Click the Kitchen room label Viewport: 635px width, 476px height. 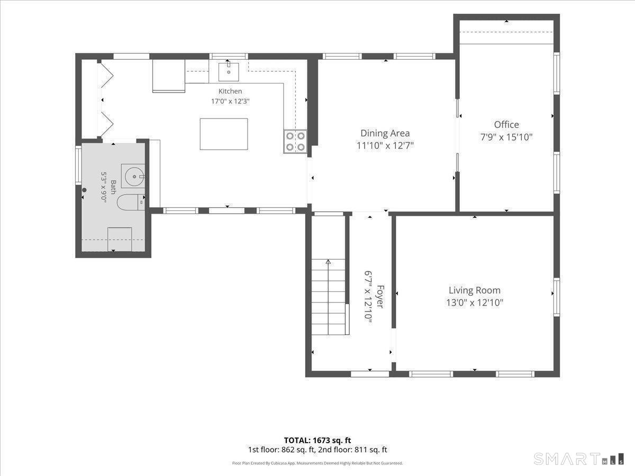(x=230, y=91)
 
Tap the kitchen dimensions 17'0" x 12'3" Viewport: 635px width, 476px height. (x=230, y=102)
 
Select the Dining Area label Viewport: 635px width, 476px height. (x=385, y=133)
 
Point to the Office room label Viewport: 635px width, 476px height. (x=506, y=125)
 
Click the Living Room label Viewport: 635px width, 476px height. (x=475, y=290)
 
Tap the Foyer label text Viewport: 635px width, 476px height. (x=380, y=297)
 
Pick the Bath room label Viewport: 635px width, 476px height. (x=113, y=187)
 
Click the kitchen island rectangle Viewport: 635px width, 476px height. (x=224, y=134)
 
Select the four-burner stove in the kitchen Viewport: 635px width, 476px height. (x=295, y=141)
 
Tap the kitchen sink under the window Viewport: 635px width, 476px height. (x=229, y=72)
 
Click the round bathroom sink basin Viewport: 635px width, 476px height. (x=134, y=176)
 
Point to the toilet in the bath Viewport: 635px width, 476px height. (x=131, y=202)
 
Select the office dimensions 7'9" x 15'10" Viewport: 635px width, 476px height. (x=506, y=137)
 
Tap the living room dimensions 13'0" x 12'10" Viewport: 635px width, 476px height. (x=475, y=303)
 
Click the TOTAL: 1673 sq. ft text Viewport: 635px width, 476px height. (x=317, y=440)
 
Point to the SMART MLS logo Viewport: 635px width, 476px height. (x=578, y=459)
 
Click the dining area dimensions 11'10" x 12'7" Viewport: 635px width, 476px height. (x=385, y=145)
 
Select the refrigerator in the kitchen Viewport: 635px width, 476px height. (x=169, y=76)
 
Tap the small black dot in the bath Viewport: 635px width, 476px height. (x=84, y=190)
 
